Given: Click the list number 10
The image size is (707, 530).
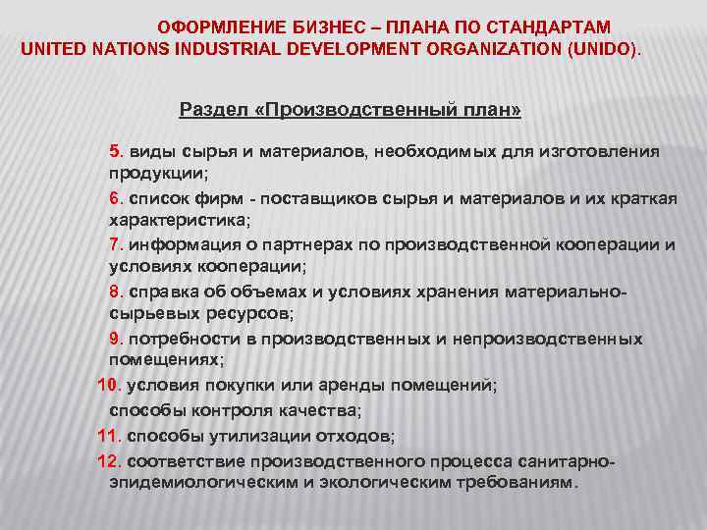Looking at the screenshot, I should coord(108,386).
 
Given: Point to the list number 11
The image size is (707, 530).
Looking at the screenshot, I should coord(108,434).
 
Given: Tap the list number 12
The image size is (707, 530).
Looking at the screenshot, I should coord(108,459).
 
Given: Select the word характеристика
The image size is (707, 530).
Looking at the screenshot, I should coord(178,220).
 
